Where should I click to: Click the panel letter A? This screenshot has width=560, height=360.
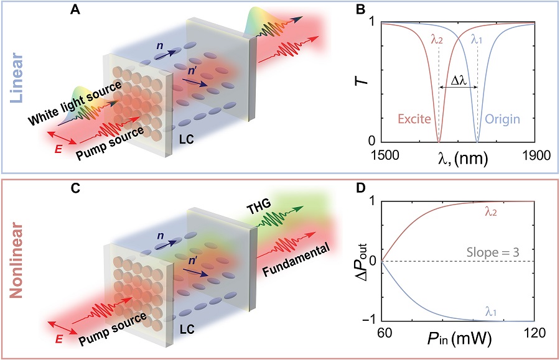pyautogui.click(x=75, y=9)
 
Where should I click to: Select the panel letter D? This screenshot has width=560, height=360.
pyautogui.click(x=360, y=188)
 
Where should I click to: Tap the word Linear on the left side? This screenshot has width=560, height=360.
pyautogui.click(x=16, y=78)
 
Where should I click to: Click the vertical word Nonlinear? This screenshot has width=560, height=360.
pyautogui.click(x=16, y=260)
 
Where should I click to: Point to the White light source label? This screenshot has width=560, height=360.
pyautogui.click(x=75, y=103)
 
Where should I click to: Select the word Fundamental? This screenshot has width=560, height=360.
pyautogui.click(x=296, y=261)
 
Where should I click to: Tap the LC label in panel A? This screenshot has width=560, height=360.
pyautogui.click(x=186, y=139)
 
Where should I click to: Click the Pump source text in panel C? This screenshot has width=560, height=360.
pyautogui.click(x=113, y=329)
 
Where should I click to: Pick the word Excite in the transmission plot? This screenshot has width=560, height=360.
pyautogui.click(x=414, y=119)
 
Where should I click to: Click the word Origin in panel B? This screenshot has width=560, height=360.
pyautogui.click(x=503, y=119)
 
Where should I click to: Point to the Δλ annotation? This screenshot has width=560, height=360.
pyautogui.click(x=458, y=81)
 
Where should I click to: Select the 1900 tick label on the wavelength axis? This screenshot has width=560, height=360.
pyautogui.click(x=535, y=155)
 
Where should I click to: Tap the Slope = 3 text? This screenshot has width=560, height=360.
pyautogui.click(x=493, y=252)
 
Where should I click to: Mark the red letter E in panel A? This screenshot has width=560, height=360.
pyautogui.click(x=58, y=149)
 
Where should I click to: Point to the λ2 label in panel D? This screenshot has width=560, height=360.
pyautogui.click(x=491, y=212)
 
